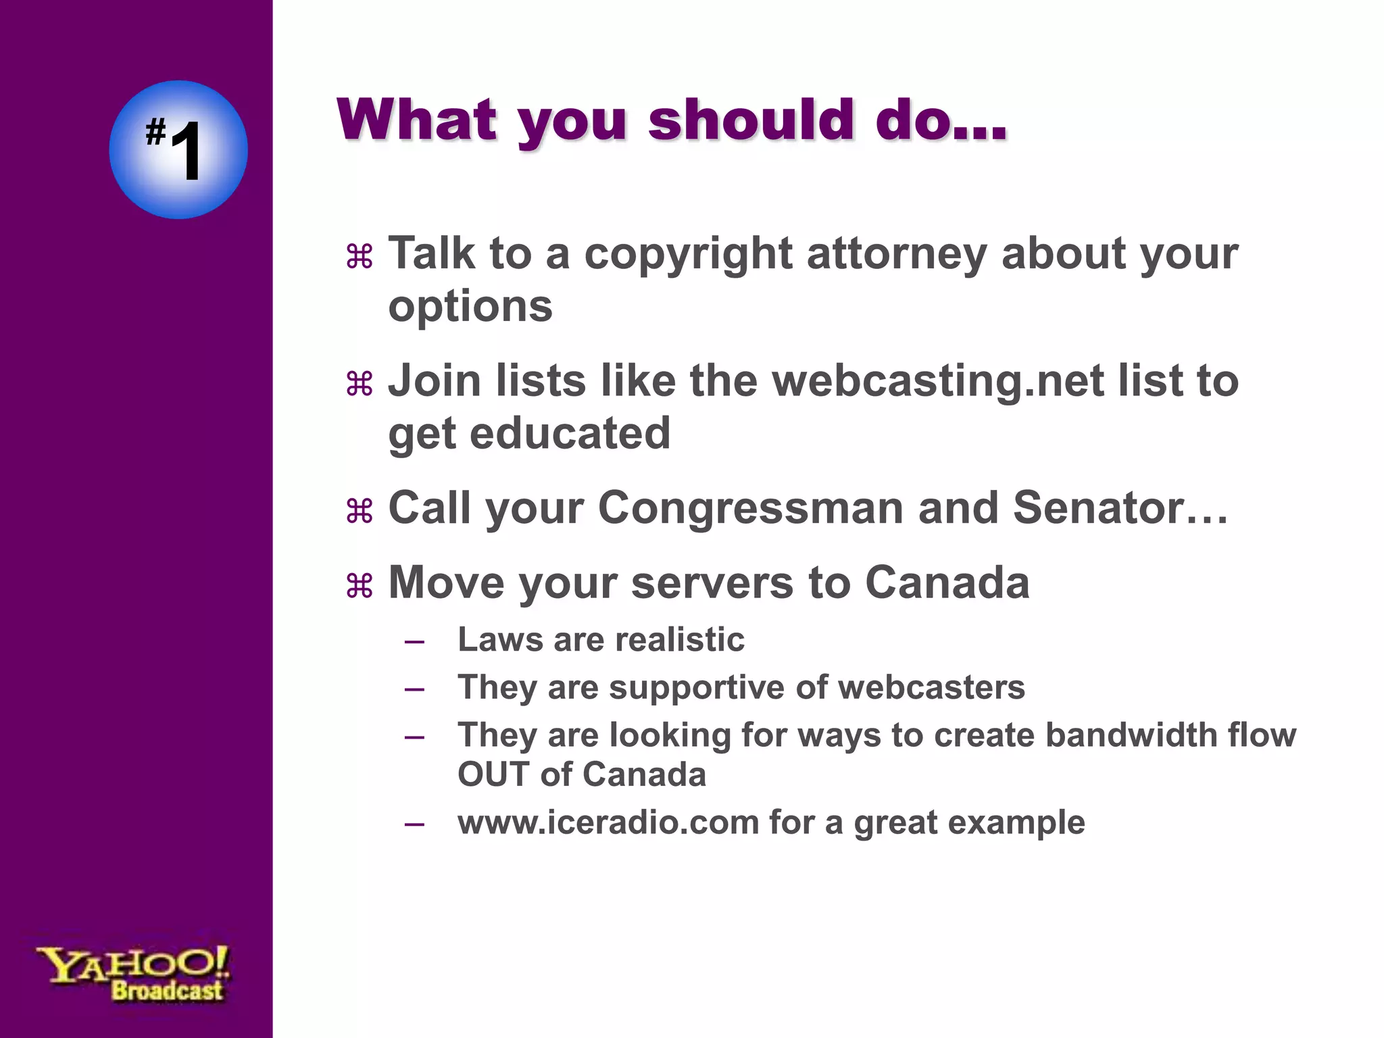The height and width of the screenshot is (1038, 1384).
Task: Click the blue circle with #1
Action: (178, 149)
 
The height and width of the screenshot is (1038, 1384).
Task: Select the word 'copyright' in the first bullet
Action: (688, 255)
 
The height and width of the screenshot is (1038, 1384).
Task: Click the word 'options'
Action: (470, 307)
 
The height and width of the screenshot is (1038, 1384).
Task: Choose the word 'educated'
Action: (569, 433)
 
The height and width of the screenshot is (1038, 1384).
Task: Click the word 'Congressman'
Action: (750, 508)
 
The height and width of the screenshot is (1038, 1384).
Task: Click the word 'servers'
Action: (712, 583)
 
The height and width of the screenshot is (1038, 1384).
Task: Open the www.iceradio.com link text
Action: (608, 822)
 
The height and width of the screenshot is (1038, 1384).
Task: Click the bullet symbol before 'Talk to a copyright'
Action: (360, 257)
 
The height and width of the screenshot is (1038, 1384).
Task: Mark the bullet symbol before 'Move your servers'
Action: (360, 585)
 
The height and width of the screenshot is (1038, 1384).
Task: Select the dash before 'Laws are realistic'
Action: (414, 641)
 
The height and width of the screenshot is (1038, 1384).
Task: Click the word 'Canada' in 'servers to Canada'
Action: (947, 583)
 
